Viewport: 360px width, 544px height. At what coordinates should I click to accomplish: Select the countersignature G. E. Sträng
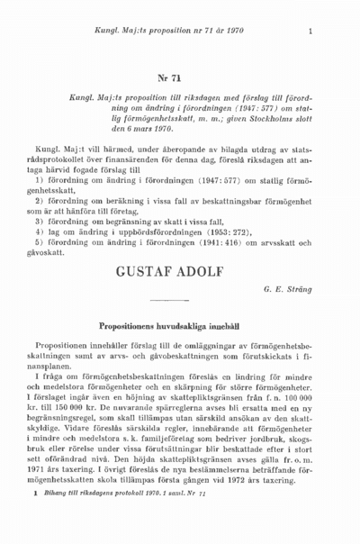tap(285, 290)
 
